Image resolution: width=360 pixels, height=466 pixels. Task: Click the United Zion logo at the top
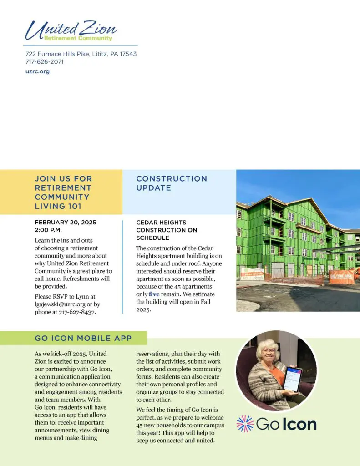71,31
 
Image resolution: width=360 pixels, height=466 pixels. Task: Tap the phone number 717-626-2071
45,62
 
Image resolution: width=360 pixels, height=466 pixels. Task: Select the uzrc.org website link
37,71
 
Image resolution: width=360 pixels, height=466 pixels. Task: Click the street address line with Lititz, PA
81,54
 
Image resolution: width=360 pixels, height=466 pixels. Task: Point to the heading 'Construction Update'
172,183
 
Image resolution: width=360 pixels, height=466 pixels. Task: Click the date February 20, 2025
66,222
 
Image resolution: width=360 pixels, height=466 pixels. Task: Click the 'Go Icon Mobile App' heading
83,338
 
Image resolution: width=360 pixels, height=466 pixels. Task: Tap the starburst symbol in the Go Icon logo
245,424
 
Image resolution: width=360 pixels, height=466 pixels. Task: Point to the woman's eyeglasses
269,351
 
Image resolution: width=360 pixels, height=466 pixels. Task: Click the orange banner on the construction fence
342,277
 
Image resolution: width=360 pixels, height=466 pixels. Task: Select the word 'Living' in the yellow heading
49,207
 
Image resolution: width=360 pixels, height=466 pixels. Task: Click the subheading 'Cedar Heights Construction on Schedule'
167,230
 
